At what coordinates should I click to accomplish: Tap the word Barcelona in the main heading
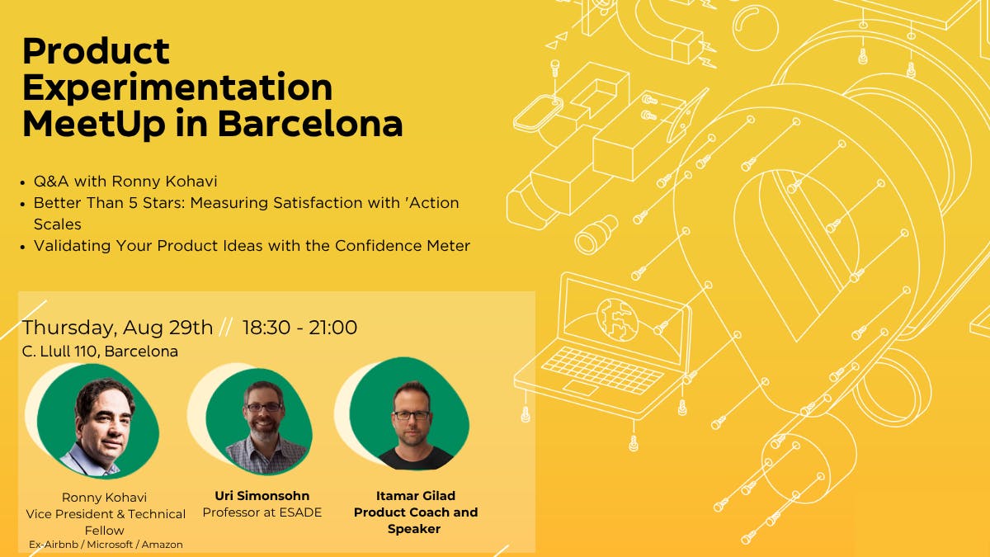pos(310,125)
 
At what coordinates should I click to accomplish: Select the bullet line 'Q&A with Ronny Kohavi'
pos(125,182)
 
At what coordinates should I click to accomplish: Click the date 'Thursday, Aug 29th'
pos(117,328)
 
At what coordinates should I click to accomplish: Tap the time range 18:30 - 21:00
pos(299,328)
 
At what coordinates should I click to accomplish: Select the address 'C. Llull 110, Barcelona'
pos(100,352)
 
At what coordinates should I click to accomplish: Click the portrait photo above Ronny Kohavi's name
pos(97,422)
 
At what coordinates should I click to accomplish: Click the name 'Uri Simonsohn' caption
pos(262,496)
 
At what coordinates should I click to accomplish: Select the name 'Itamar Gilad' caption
pos(416,496)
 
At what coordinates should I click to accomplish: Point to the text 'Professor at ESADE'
pos(262,512)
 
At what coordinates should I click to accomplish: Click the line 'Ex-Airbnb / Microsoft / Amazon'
pos(106,545)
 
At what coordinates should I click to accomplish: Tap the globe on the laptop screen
pos(617,319)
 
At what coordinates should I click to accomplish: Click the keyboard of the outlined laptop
pos(602,369)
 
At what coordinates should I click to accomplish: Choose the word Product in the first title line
pos(96,51)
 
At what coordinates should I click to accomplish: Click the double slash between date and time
pos(226,328)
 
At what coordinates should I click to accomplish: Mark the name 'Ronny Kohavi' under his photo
pos(104,498)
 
